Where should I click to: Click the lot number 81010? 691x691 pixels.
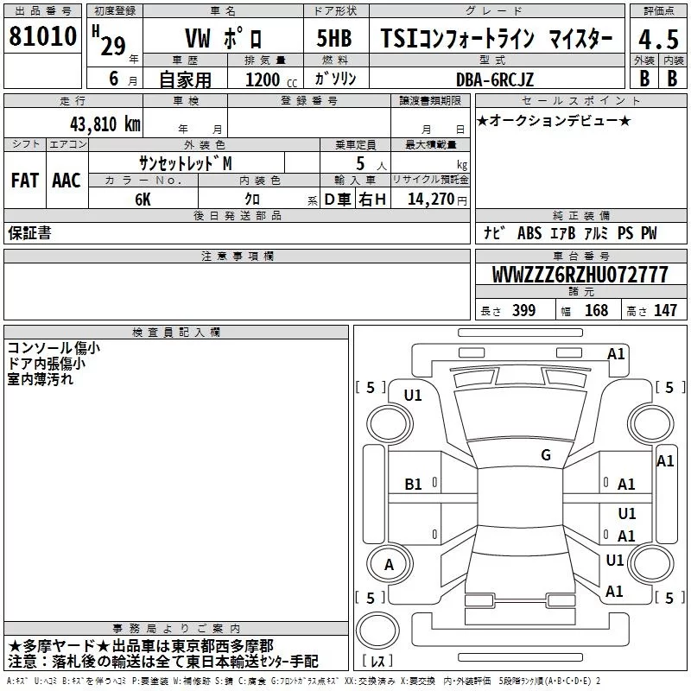(42, 38)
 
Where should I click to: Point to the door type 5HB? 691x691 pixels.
(335, 40)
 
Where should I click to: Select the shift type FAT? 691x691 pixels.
(24, 180)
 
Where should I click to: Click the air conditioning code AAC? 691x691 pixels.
(66, 180)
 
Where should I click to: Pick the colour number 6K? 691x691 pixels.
(143, 198)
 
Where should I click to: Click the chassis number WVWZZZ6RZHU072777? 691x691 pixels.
(580, 275)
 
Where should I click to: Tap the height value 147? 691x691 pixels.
(665, 310)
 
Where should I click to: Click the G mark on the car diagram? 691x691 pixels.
(546, 455)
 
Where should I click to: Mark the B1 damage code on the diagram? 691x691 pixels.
(414, 485)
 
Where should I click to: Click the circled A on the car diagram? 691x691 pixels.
(389, 565)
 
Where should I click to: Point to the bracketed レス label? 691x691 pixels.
(378, 662)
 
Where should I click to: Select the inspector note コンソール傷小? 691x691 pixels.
(53, 348)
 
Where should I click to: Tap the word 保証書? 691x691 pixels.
(29, 232)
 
